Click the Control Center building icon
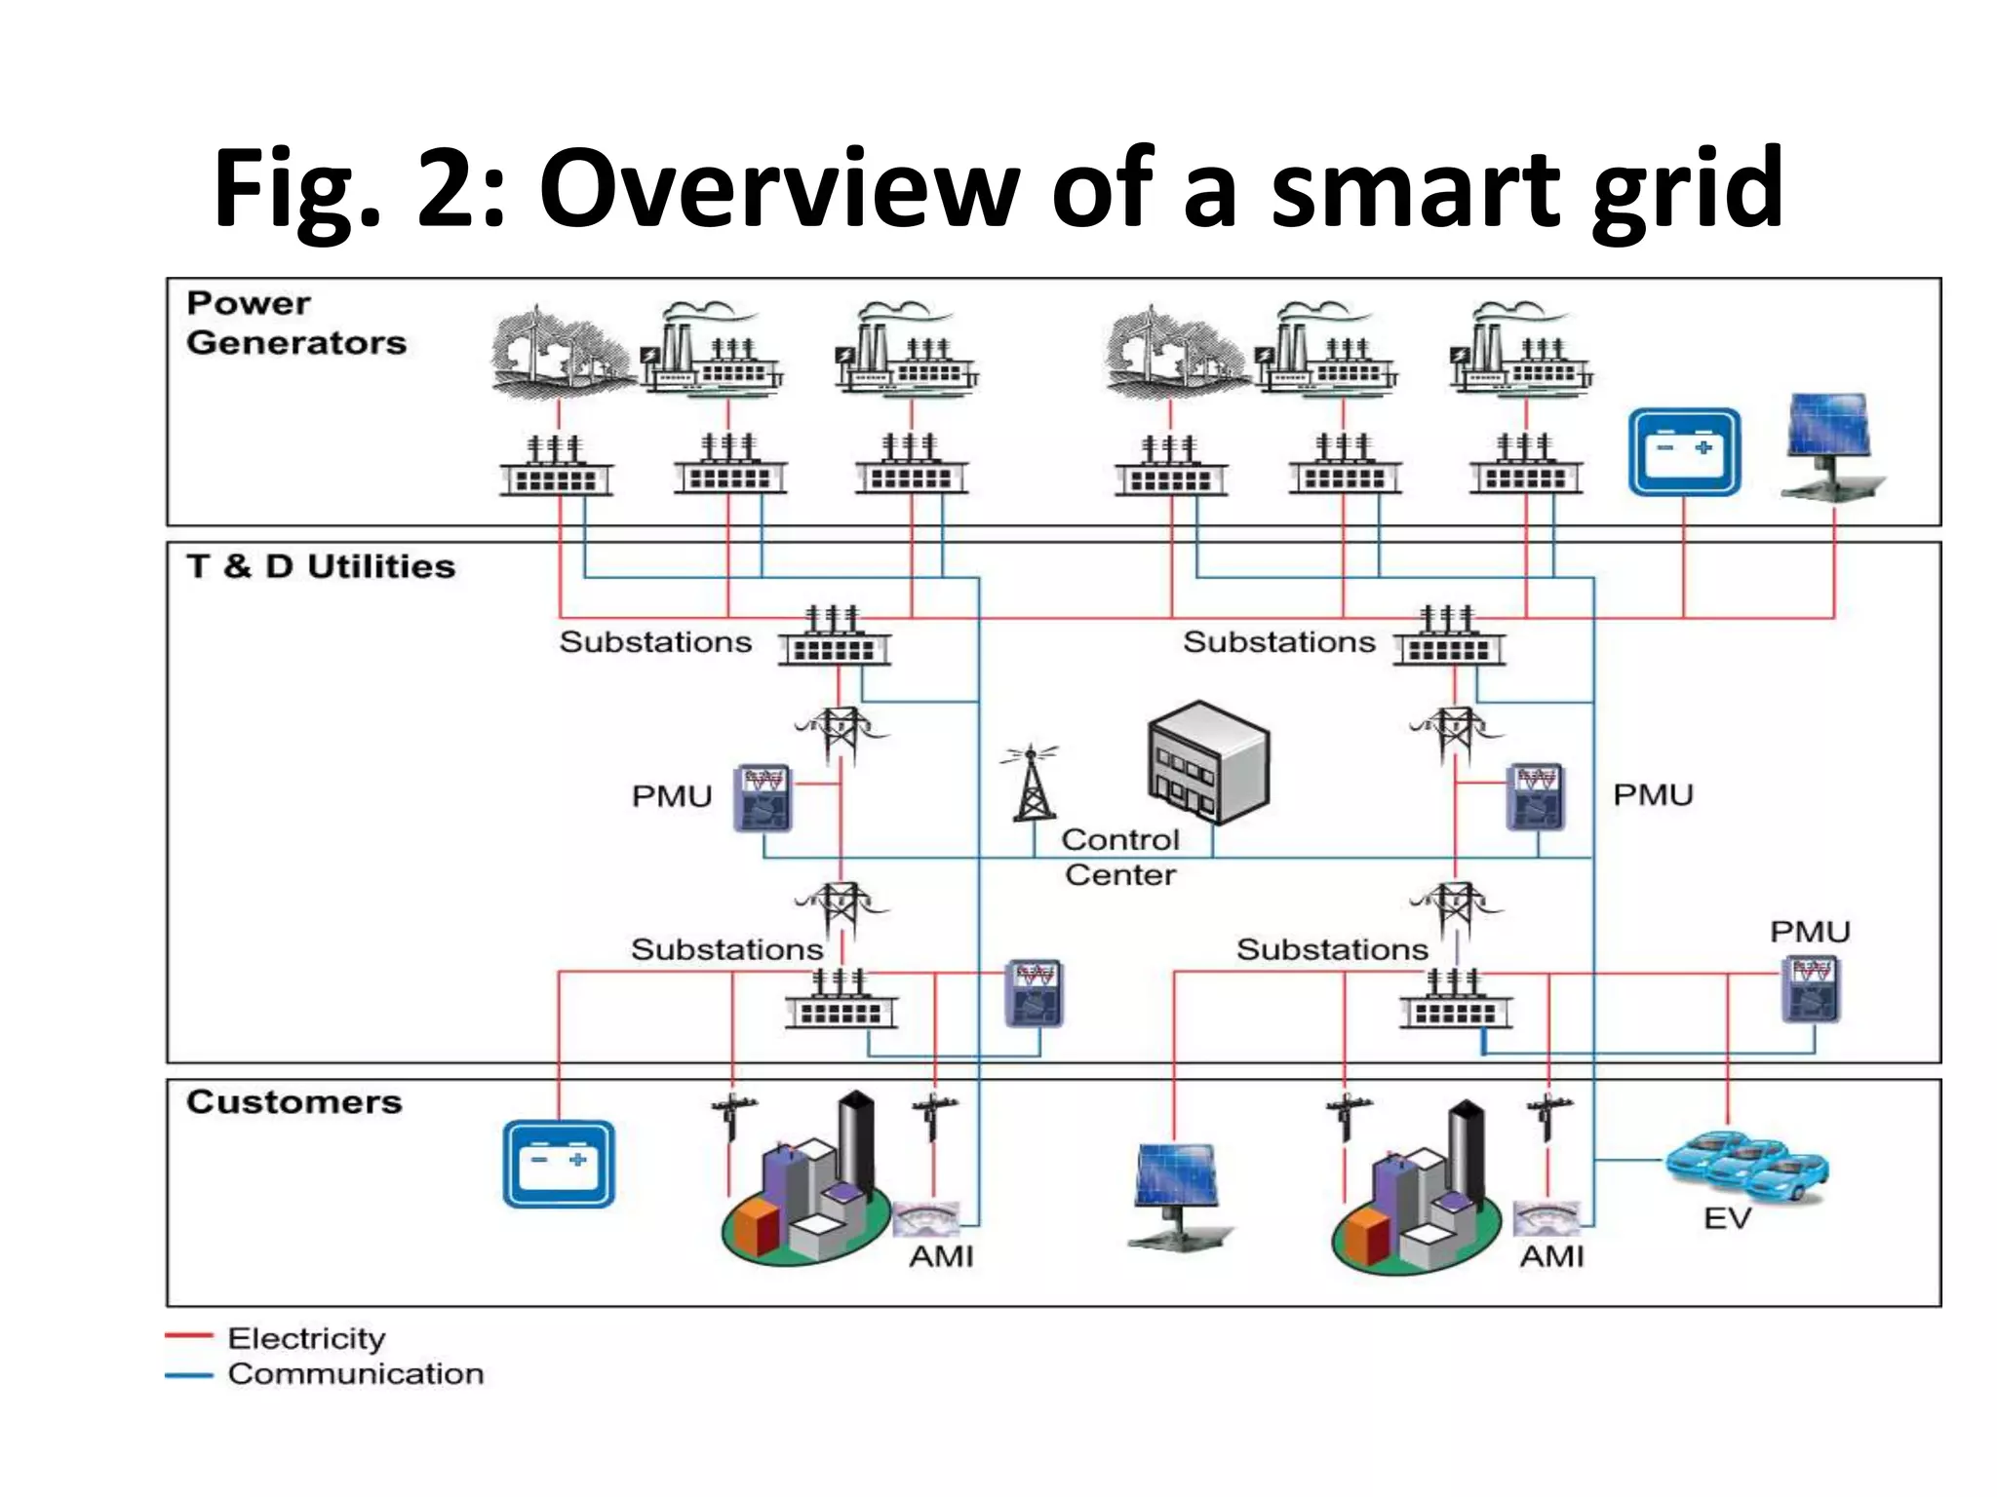click(1209, 762)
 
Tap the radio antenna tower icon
click(1032, 785)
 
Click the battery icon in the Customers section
click(559, 1164)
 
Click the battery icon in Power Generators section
click(1684, 452)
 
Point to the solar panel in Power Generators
click(1830, 443)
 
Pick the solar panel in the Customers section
click(1178, 1194)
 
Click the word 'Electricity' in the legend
click(306, 1338)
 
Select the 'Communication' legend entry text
click(356, 1374)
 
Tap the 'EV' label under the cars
click(1727, 1218)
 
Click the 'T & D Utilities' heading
click(321, 566)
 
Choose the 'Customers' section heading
click(294, 1101)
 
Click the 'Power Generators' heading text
click(295, 323)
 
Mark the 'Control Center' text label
click(1120, 857)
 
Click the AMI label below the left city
click(941, 1257)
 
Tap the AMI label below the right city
click(1551, 1257)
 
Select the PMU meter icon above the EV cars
click(1811, 989)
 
